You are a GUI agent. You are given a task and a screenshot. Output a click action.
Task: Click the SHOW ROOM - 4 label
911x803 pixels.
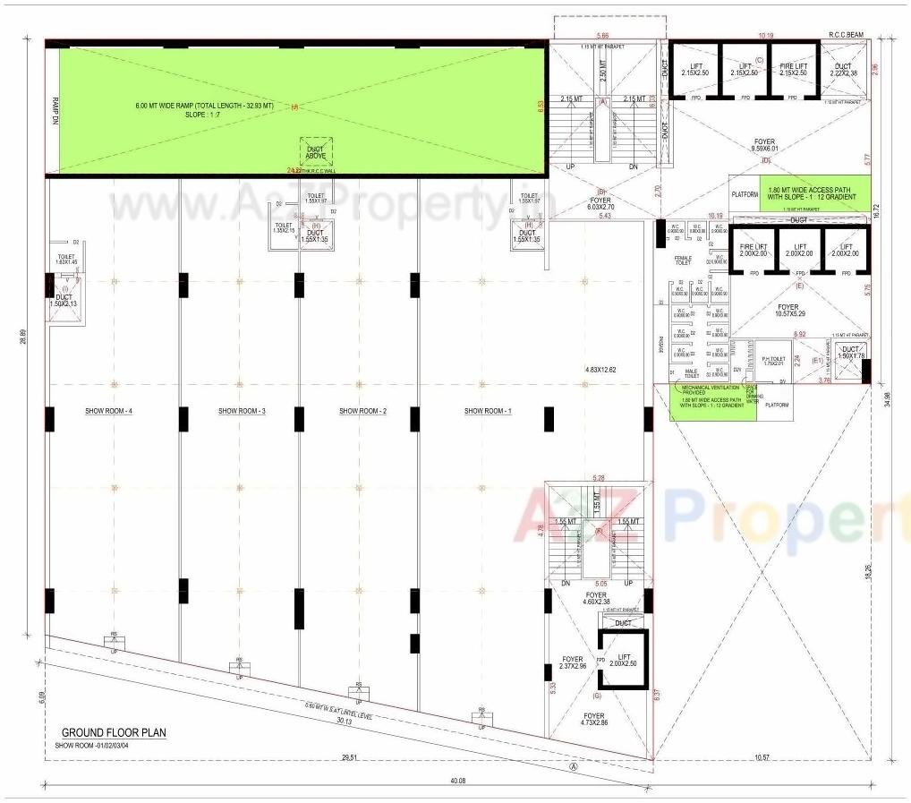coord(109,411)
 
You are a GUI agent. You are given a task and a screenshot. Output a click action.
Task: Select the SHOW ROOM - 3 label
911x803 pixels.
coord(242,411)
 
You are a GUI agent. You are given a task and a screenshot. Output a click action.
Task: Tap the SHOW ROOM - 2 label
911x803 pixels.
coord(362,411)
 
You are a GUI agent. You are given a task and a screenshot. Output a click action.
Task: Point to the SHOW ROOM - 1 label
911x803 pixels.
coord(488,411)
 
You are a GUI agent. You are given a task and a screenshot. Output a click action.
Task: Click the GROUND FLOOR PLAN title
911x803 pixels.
coord(114,732)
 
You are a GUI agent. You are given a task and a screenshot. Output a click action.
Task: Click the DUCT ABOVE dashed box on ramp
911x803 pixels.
coord(316,153)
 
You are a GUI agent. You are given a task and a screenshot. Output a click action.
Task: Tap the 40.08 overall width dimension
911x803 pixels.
coord(458,782)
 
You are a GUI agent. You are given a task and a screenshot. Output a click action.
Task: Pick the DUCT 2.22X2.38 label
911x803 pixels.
coord(843,69)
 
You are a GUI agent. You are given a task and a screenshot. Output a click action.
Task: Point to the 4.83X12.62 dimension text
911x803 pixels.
coord(600,370)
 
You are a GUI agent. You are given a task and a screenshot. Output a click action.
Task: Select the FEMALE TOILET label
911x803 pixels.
coord(683,261)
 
